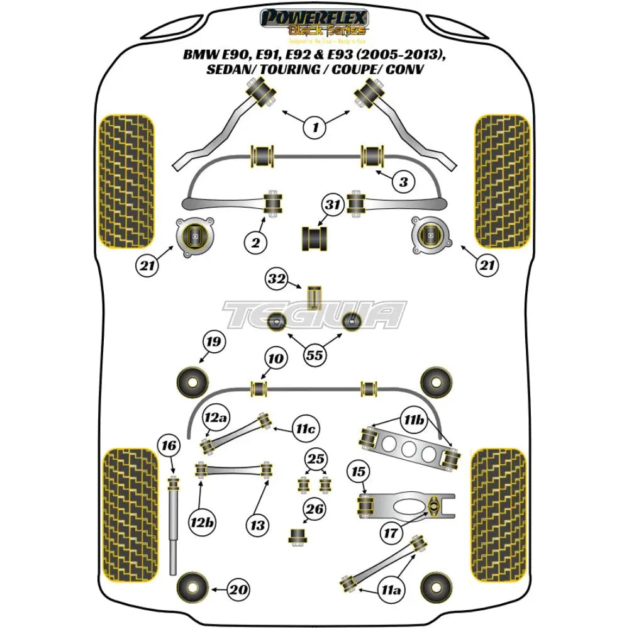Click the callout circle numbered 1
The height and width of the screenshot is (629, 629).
(315, 128)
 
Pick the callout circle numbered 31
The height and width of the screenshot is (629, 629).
(333, 204)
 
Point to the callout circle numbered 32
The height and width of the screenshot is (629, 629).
(276, 279)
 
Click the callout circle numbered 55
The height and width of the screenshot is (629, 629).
(314, 356)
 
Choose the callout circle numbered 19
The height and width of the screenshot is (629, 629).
(213, 343)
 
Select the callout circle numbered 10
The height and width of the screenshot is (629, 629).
(275, 360)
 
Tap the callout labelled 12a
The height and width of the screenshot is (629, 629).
(214, 418)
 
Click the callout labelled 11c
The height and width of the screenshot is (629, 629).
(304, 429)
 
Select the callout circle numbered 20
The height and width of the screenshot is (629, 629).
(238, 589)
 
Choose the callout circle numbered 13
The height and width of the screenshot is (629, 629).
(259, 524)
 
